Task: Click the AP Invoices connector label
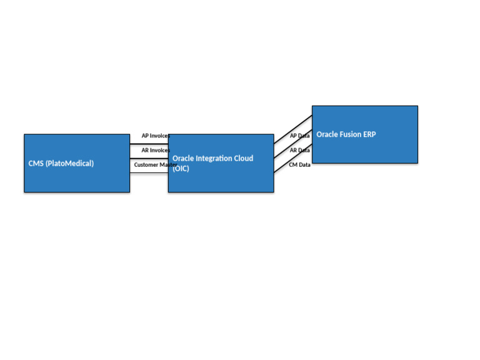pos(155,136)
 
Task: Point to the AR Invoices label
pos(155,151)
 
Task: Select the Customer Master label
pos(155,165)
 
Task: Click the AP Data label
pos(299,136)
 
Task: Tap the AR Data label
pos(299,151)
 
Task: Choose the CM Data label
pos(299,165)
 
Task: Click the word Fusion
pos(351,134)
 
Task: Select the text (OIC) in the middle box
pos(181,169)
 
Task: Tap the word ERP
pos(369,134)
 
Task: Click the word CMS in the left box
pos(36,164)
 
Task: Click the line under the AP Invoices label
pos(149,144)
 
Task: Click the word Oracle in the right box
pos(327,134)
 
